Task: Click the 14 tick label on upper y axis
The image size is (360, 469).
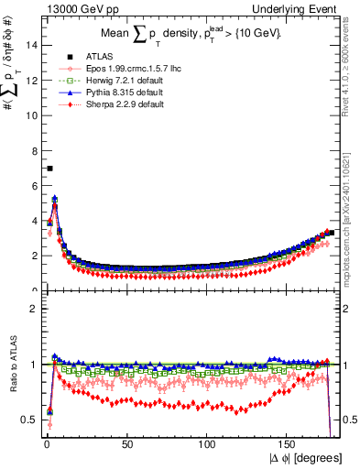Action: point(30,45)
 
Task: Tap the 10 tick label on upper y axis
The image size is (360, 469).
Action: point(30,115)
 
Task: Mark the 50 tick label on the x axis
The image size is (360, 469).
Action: point(127,445)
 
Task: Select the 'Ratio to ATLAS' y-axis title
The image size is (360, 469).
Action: point(11,365)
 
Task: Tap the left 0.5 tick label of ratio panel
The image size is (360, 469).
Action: point(28,420)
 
